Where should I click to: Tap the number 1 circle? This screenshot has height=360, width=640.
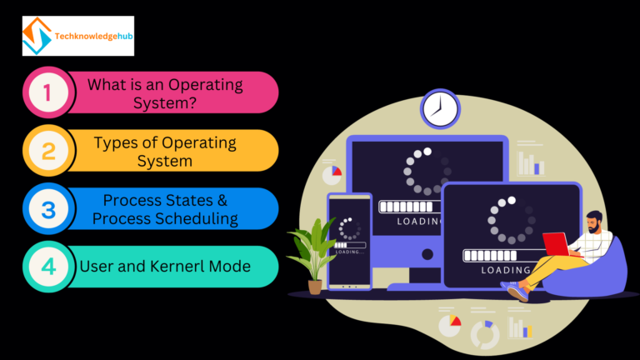[47, 92]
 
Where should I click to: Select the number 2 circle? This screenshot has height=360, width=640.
[47, 151]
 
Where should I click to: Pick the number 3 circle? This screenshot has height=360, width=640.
[47, 209]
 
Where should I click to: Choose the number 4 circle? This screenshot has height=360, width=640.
[47, 267]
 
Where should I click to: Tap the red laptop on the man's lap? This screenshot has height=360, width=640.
[556, 243]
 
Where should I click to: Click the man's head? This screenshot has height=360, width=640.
[593, 221]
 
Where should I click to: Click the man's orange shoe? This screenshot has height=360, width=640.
[517, 292]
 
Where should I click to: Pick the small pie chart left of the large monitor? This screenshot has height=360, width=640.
[332, 173]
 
